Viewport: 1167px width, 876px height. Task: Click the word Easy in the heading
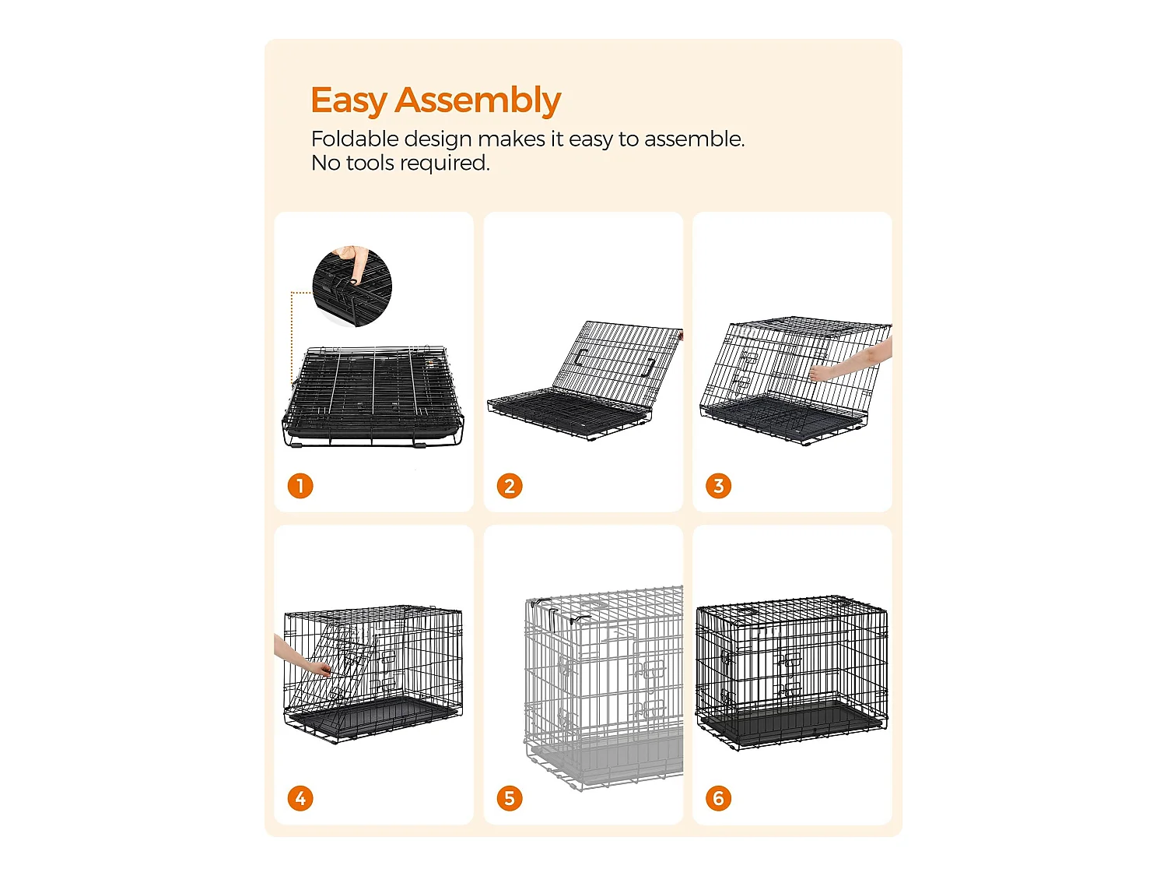coord(349,101)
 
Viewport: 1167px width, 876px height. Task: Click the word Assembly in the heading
coord(478,100)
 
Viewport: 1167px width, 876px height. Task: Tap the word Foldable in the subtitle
coord(355,139)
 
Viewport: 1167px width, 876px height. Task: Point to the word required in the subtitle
coord(444,164)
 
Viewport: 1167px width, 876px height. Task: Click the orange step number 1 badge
coord(300,486)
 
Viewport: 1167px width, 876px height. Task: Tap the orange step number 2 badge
coord(510,486)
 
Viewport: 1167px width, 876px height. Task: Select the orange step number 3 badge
coord(718,486)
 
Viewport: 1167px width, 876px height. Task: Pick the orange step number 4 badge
coord(300,798)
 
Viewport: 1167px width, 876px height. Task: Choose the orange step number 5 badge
coord(510,798)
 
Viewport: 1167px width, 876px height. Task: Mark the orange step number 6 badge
coord(718,798)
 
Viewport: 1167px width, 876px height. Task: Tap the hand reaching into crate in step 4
coord(302,656)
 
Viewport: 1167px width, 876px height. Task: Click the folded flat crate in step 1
coord(373,396)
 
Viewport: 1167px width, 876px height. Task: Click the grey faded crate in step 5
coord(604,688)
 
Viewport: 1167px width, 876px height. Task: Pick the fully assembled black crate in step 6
coord(792,673)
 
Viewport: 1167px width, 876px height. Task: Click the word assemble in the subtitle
coord(694,139)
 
